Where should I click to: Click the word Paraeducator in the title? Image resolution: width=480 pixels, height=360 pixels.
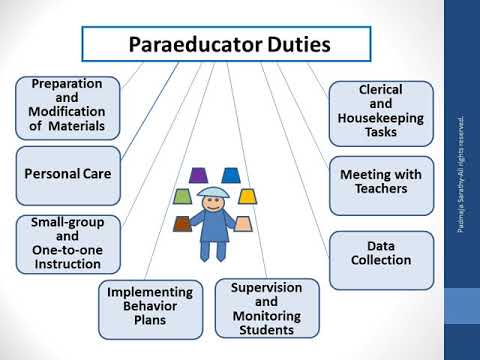(191, 45)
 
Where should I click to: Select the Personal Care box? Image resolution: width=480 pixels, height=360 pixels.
(68, 173)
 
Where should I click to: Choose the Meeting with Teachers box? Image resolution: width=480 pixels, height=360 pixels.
(381, 181)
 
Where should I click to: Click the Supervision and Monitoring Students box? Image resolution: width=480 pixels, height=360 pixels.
(267, 306)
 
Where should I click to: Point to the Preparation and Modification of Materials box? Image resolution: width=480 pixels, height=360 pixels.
(68, 106)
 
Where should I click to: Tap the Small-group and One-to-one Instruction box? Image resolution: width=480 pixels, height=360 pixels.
(68, 242)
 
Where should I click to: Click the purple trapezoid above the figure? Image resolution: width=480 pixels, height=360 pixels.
(198, 176)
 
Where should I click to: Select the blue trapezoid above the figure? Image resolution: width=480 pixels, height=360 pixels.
(231, 176)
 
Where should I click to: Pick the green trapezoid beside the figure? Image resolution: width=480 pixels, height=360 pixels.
(182, 196)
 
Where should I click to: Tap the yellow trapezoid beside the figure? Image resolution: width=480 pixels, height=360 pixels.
(247, 196)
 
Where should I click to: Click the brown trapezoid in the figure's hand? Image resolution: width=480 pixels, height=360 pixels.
(182, 223)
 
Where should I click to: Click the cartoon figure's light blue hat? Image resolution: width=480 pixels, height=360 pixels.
(214, 191)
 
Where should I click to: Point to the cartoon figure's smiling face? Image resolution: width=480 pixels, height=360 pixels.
(214, 203)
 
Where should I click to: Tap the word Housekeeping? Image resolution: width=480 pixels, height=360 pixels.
(381, 115)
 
